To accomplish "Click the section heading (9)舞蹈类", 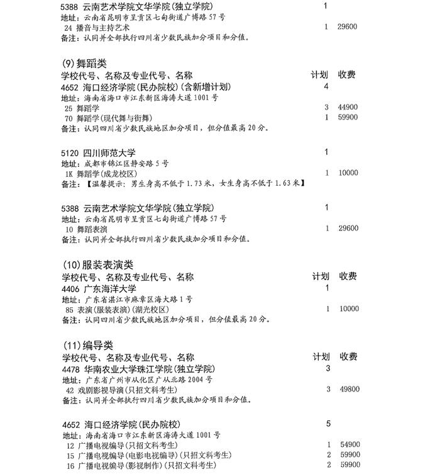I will [x=85, y=64].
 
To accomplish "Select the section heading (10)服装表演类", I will [x=99, y=265].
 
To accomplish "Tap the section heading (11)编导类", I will [x=89, y=346].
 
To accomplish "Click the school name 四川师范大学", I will [x=110, y=153].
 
